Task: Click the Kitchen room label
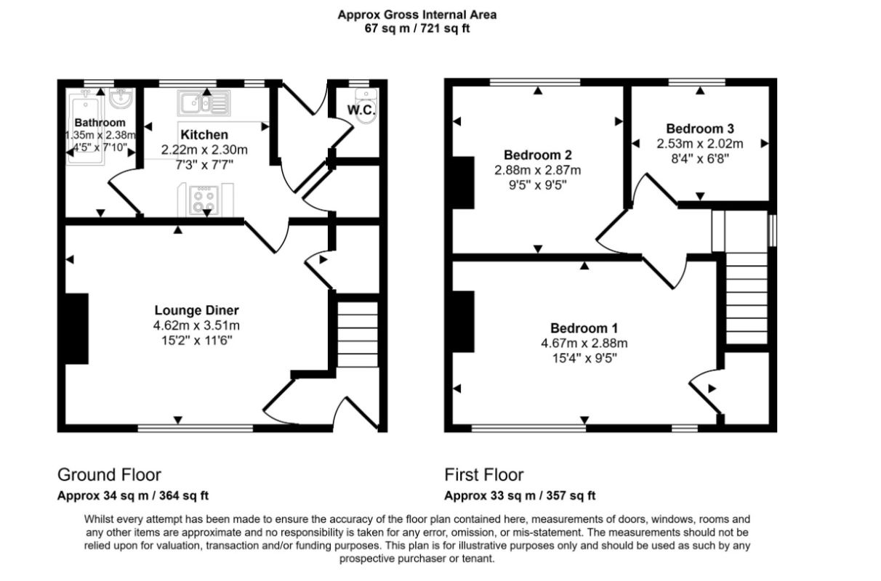click(204, 135)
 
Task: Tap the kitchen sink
click(204, 103)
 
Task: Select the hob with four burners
click(204, 200)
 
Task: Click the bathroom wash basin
click(121, 98)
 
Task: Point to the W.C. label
click(361, 110)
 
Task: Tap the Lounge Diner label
click(197, 310)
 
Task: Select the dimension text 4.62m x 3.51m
click(197, 325)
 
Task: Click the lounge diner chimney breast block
click(77, 328)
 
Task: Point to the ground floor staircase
click(358, 334)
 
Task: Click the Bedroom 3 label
click(700, 129)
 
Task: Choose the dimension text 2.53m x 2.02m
click(700, 144)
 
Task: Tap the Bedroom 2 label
click(538, 155)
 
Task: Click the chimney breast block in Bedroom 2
click(463, 183)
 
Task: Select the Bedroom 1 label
click(584, 328)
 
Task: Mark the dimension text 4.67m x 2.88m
click(584, 344)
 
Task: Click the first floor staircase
click(747, 298)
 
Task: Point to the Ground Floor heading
click(109, 474)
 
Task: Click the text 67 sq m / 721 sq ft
click(417, 28)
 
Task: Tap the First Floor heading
click(484, 474)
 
